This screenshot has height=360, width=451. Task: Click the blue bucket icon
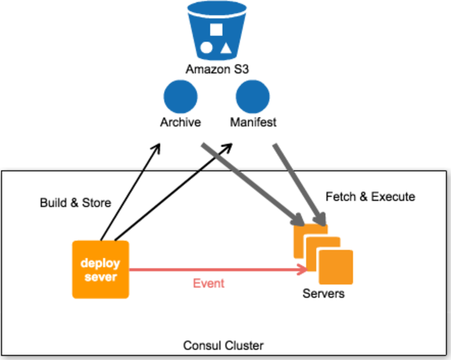coord(217,31)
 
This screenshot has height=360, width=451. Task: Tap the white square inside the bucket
coord(216,29)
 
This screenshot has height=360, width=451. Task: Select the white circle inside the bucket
coord(206,48)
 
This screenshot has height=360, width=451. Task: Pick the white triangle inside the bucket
coord(226,49)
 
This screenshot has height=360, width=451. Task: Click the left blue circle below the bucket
coord(180,97)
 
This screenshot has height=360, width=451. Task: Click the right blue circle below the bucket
coord(253,97)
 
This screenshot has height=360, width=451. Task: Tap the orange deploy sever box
coord(101,270)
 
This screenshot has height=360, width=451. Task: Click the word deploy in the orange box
coord(100,263)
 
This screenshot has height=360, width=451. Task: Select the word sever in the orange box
coord(101,277)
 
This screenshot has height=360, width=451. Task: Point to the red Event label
coord(209,283)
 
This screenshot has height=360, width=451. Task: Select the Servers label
coord(323,294)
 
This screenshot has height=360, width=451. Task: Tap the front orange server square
coord(336,267)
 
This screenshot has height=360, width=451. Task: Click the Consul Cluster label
coord(223,346)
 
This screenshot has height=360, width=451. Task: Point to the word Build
coord(53,203)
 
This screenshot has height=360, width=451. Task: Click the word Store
coord(96,203)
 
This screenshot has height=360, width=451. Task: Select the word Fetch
coord(341,197)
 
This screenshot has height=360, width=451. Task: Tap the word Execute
coord(393,197)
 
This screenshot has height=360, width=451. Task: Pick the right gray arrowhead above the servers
coord(320,219)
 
